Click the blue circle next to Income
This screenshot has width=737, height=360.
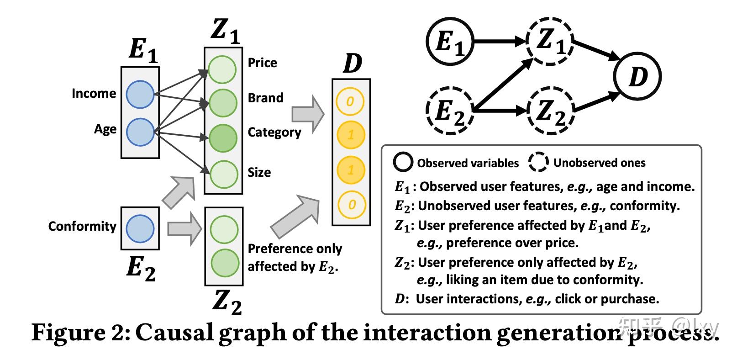[x=140, y=95]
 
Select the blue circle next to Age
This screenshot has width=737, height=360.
[x=140, y=132]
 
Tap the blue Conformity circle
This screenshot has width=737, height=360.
[x=140, y=228]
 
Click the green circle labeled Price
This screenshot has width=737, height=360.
[x=222, y=69]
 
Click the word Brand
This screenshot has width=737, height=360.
[x=265, y=98]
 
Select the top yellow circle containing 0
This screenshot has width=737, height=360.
[x=350, y=101]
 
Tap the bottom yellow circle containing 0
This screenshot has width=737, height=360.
[x=351, y=204]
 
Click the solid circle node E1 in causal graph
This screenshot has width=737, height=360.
[x=450, y=42]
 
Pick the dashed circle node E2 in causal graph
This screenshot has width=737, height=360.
[x=450, y=111]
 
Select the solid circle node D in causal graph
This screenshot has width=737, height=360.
[x=637, y=76]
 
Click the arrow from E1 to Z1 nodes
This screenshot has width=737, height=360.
[x=500, y=42]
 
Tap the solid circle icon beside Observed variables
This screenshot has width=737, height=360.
[x=403, y=163]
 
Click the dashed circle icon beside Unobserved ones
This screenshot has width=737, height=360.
[x=539, y=163]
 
